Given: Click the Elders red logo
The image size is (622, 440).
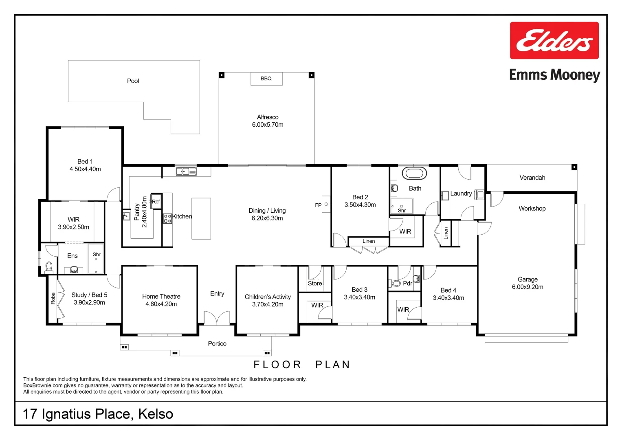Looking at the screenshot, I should [554, 40].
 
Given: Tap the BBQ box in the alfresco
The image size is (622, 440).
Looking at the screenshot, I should [266, 79].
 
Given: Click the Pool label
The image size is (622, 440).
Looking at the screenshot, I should [133, 81].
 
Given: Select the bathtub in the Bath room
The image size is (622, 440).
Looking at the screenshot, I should [414, 173].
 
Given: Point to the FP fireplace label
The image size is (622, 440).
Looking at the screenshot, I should [318, 205].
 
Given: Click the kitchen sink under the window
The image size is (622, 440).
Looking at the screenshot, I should [186, 172].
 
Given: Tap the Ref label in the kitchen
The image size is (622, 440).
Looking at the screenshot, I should [156, 202].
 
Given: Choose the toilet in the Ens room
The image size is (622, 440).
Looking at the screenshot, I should [49, 268].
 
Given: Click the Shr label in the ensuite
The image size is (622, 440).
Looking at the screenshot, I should [97, 255].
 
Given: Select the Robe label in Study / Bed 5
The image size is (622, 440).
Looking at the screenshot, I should [53, 299].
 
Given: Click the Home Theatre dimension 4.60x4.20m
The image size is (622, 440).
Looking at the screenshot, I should [161, 304].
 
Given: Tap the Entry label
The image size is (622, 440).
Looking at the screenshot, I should [217, 294].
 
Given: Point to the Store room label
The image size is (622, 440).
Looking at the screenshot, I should [314, 284].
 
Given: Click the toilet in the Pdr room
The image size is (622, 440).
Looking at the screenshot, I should [396, 283].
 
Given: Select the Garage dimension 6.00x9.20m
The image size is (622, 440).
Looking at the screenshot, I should [527, 287].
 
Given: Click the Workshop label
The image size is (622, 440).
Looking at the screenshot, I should [532, 209].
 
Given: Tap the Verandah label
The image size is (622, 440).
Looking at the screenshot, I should [532, 178].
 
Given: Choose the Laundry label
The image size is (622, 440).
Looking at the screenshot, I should [461, 194].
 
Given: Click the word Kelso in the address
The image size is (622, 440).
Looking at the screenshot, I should [156, 414].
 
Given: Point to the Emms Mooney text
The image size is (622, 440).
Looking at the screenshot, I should [554, 75].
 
